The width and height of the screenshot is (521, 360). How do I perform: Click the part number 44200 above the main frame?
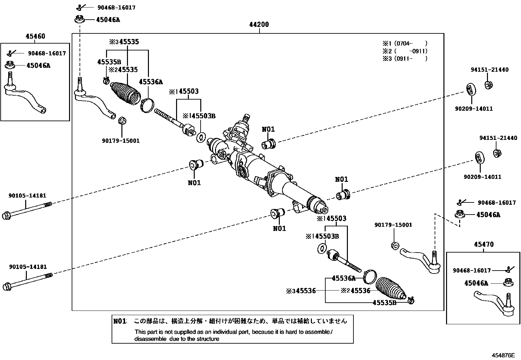pos(259,25)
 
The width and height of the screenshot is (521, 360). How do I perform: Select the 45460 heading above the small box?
pos(35,36)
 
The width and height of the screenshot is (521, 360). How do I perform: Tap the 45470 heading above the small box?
pos(484,244)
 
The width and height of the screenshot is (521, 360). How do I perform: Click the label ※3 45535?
pos(124,42)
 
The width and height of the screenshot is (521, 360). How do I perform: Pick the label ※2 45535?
pos(123,70)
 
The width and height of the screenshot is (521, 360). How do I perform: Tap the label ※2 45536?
pos(355,291)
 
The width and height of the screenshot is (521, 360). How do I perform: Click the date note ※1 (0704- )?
pos(405,43)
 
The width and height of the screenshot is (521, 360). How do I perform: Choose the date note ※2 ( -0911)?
pos(405,51)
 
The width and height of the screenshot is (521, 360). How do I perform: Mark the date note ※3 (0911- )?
pos(405,59)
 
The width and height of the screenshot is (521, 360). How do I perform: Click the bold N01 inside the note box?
pos(120,321)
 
